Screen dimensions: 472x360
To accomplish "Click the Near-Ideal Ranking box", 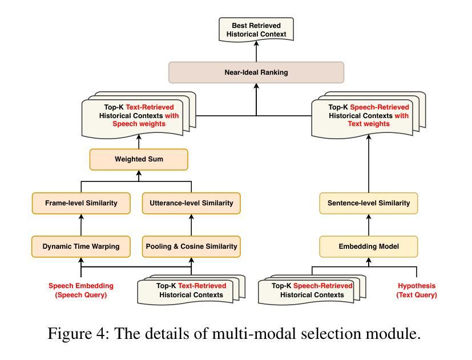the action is coord(256,72).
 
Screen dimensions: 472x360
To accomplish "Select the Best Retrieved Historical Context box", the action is coord(256,30).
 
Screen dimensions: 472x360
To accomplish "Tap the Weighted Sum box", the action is coord(139,159).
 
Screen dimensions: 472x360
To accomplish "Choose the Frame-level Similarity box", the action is coord(81,203).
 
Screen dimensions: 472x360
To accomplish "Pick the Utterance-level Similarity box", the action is coord(191,203).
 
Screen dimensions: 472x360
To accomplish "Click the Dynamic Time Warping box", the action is coord(81,246).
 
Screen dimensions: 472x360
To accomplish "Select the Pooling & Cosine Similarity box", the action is coord(191,246).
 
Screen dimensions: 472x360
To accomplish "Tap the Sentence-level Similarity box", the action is coord(369,203).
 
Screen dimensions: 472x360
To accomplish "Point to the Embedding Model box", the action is coord(369,246).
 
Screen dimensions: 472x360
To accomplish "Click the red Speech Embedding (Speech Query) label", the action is coord(81,290).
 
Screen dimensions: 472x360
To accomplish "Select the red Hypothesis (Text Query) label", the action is coord(417,290).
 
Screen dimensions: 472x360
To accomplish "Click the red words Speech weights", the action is coord(139,124).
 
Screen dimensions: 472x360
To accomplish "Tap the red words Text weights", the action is coord(369,124).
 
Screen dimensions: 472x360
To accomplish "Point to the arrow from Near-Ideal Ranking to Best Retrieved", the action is coord(256,51).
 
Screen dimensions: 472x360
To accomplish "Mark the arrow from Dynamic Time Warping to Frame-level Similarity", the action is coord(81,225).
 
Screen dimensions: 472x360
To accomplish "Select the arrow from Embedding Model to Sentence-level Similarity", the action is coord(369,225).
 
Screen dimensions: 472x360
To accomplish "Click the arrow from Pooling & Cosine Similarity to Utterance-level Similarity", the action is coord(191,225).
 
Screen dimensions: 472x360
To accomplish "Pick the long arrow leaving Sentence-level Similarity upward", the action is coord(369,163).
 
